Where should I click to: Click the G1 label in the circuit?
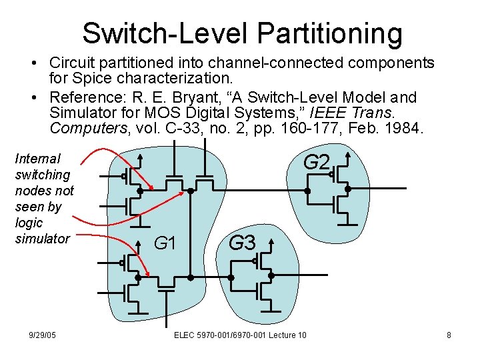[165, 244]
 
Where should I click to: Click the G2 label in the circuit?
[317, 162]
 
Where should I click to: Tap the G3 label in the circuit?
[242, 243]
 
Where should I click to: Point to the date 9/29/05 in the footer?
[43, 335]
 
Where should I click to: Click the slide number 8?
[449, 335]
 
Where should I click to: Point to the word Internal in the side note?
[37, 159]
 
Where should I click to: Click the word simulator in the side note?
[42, 239]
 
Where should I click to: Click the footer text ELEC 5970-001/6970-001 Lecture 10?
[240, 335]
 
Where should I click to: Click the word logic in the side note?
[28, 223]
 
